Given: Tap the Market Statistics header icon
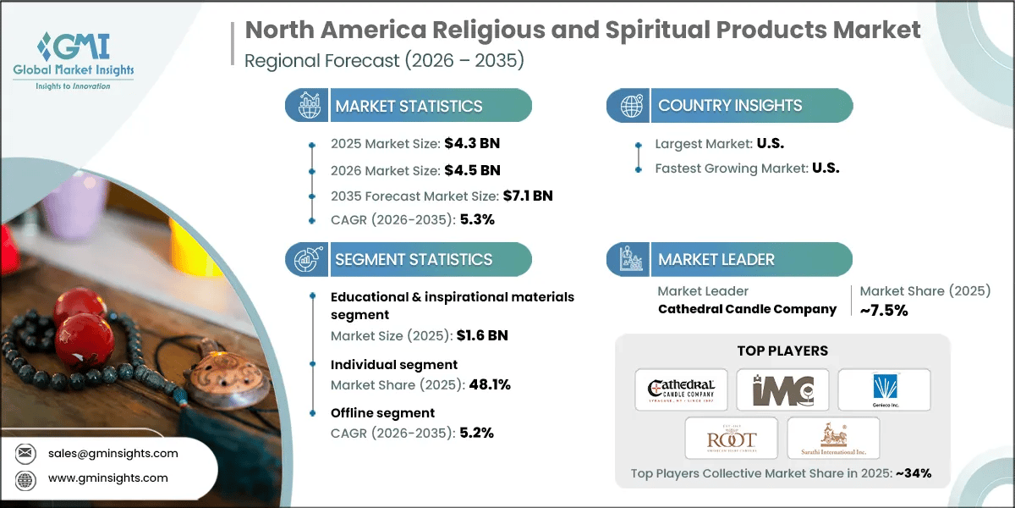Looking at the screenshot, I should [305, 106].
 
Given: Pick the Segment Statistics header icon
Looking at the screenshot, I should [305, 259].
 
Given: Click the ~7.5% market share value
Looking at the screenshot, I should [884, 311].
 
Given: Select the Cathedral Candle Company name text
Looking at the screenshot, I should [747, 309].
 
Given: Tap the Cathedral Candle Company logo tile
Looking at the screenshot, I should [681, 389].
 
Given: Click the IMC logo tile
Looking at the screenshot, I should [782, 389].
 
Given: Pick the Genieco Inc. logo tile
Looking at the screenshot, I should [884, 389].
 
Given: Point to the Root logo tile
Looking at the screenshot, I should [732, 438].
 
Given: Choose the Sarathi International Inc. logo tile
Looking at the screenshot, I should [833, 438].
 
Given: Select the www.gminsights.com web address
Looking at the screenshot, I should [107, 478].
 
